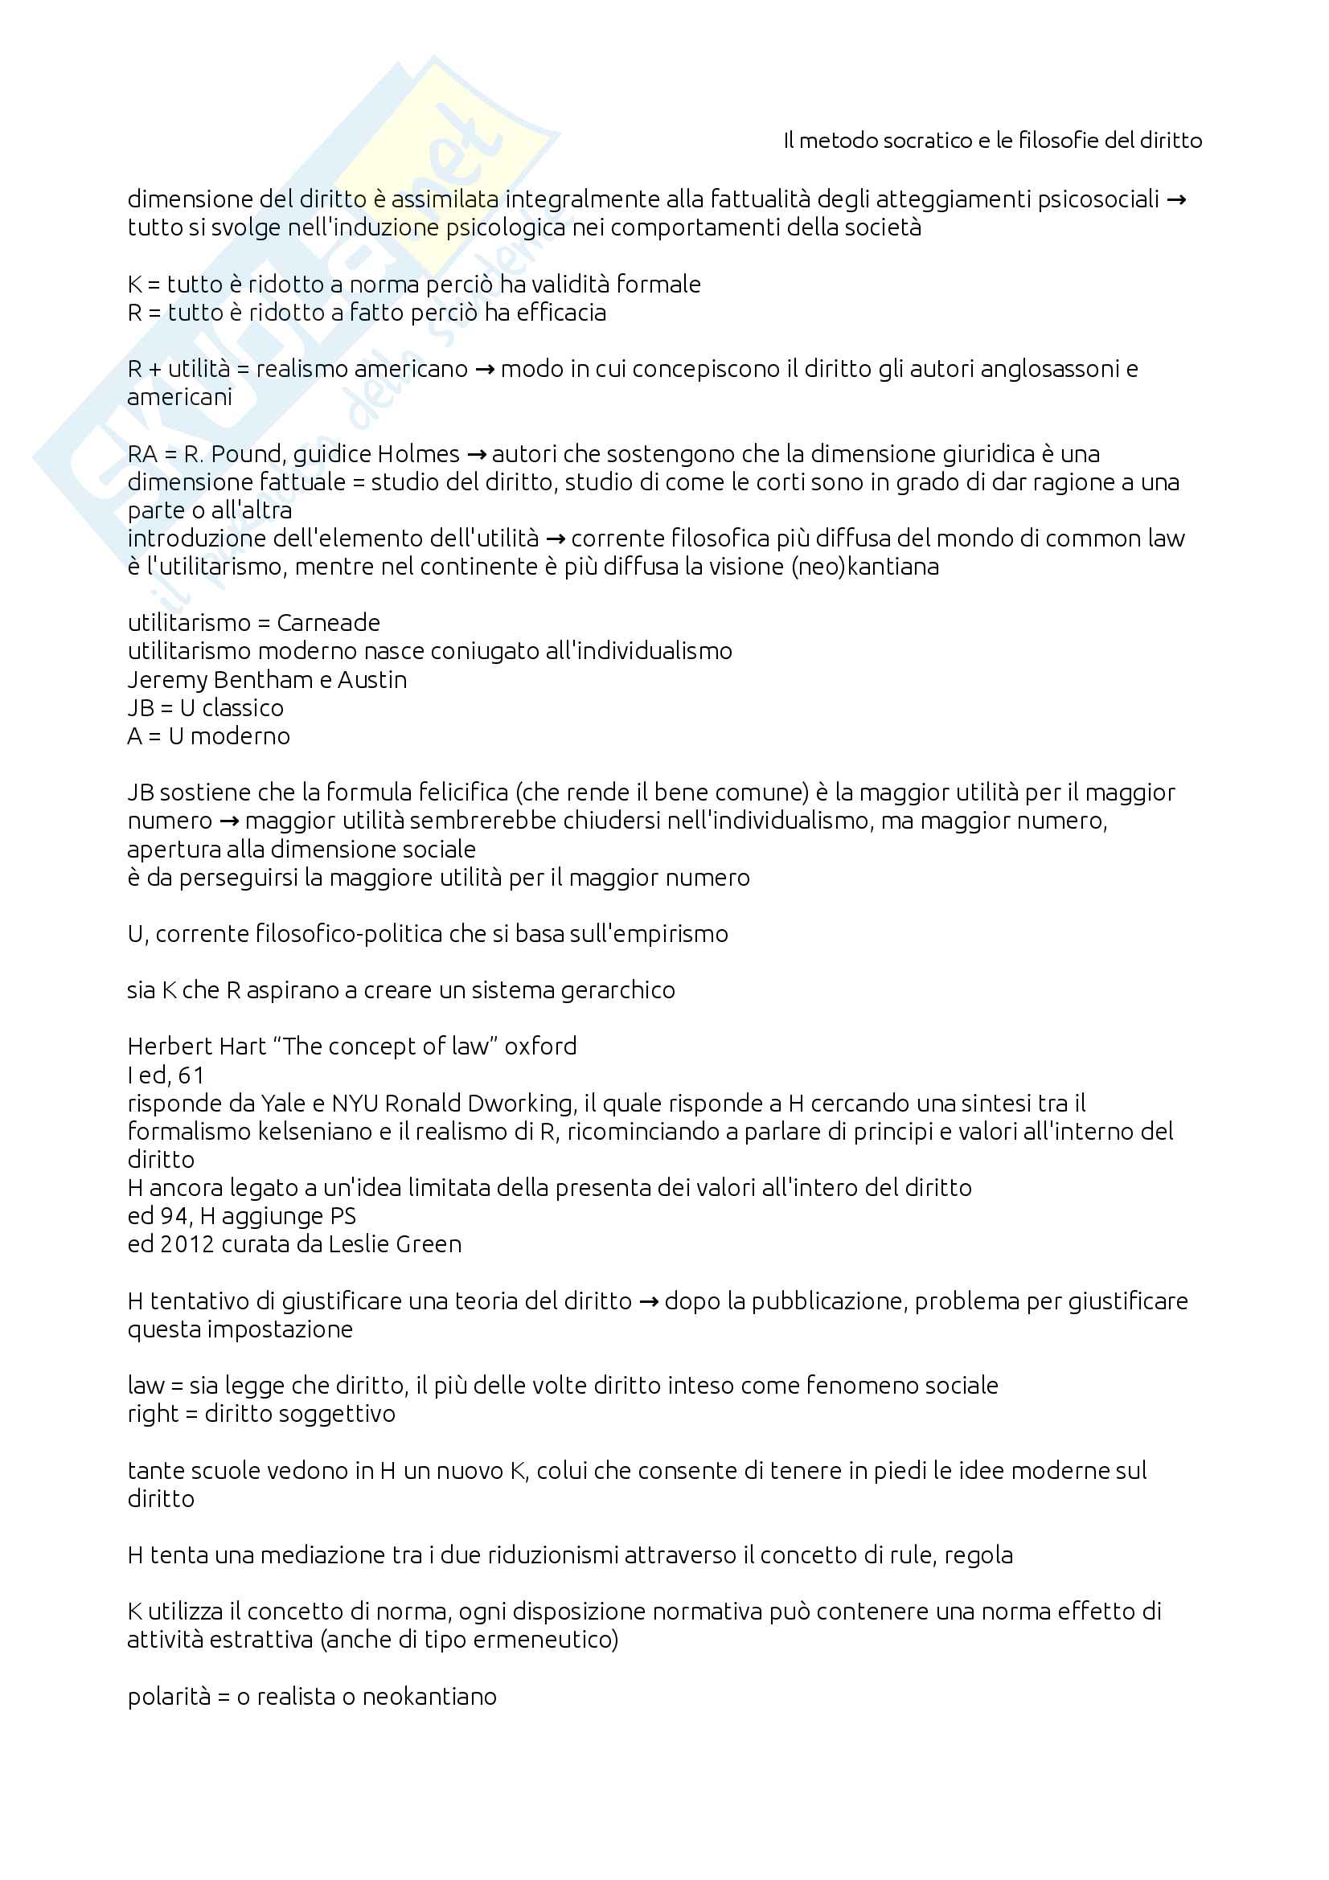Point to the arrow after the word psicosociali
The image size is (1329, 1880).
[x=1176, y=200]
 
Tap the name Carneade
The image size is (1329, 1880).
[x=328, y=623]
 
